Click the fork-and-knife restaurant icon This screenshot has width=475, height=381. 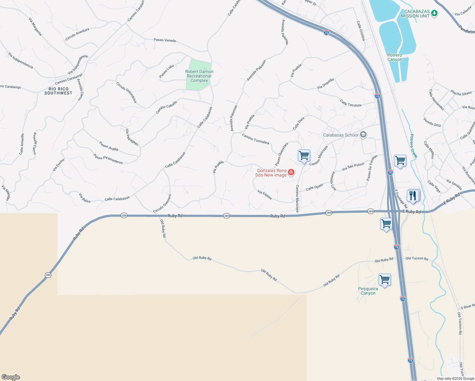coord(413,196)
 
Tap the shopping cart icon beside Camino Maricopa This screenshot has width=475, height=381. coord(304,156)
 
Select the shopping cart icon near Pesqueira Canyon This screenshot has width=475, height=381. coord(385,280)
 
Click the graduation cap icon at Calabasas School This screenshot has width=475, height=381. coord(363,135)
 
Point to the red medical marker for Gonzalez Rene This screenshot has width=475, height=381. coord(291,172)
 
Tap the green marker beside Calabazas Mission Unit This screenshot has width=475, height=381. coord(434,13)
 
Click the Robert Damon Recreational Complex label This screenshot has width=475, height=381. coord(199,76)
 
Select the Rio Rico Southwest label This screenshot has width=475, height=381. coord(58,91)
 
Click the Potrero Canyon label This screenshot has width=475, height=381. coord(395,57)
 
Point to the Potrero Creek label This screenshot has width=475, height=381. coord(413,146)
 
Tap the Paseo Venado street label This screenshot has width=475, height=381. coord(165,40)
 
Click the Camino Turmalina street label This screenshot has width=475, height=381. coord(255,139)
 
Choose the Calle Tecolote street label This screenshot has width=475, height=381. coord(351,103)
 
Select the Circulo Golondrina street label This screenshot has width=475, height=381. coord(126,92)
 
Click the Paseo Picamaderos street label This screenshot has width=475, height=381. coord(108,159)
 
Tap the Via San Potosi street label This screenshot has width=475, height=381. coord(353,167)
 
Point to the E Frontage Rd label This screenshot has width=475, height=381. coord(400,199)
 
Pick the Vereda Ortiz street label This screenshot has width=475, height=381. coord(432,122)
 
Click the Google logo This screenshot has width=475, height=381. coord(11,377)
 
